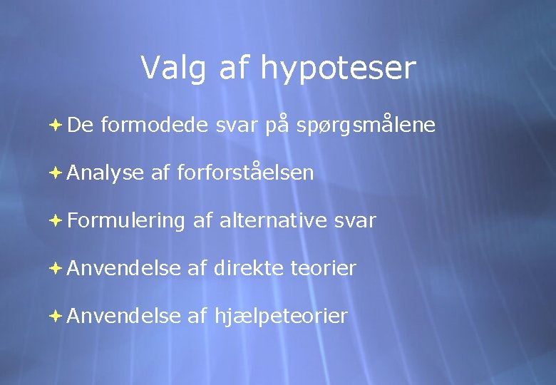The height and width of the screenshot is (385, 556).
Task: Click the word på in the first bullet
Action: (276, 125)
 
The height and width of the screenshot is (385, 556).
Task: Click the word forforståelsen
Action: (244, 173)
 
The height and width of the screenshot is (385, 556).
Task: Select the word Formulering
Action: (126, 221)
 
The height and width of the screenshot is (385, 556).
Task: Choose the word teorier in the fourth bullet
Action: (324, 269)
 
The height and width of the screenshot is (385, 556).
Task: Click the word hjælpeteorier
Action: (281, 316)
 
